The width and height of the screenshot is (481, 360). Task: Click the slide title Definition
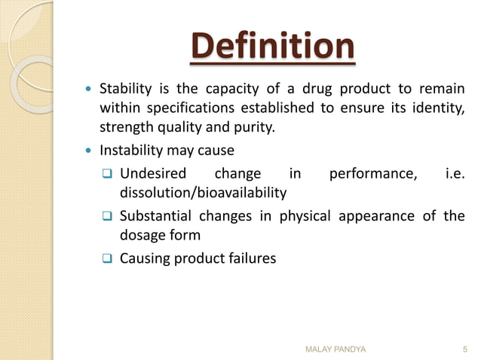click(271, 47)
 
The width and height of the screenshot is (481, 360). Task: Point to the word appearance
click(371, 216)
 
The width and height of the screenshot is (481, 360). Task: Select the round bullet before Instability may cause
click(88, 151)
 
